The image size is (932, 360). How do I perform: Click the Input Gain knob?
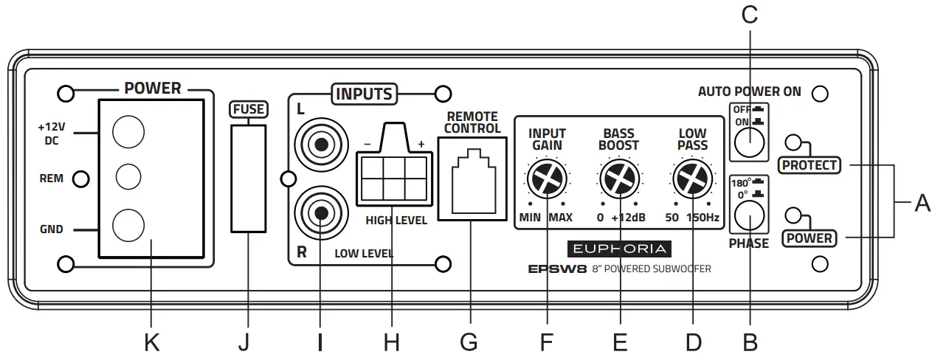point(546,179)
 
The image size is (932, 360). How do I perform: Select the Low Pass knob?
point(692,179)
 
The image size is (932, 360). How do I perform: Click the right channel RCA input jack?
point(320,214)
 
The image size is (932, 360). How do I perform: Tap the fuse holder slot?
point(248,178)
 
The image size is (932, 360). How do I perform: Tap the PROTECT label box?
point(810,165)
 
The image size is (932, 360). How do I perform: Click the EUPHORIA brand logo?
point(619,249)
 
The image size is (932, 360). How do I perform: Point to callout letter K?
point(151,342)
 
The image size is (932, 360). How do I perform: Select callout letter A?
point(922,202)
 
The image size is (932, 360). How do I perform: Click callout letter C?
point(750,16)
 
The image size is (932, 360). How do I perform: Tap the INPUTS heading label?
point(365,94)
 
